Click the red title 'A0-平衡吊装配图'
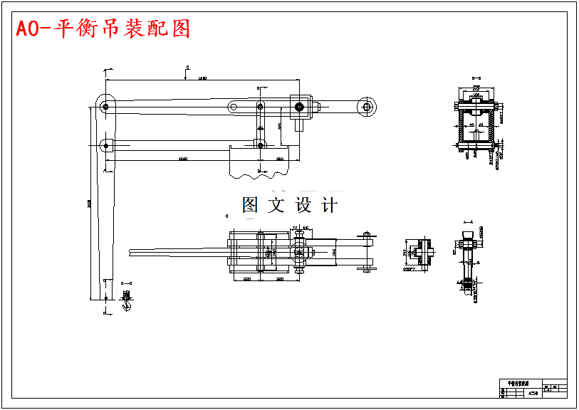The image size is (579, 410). coord(103,29)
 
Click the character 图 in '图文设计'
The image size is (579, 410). coord(250,206)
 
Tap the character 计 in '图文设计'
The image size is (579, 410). coord(330,206)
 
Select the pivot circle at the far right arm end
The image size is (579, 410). coord(367,107)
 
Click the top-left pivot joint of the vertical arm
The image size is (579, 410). coord(105,107)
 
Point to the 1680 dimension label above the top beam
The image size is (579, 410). coord(202,78)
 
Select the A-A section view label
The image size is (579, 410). coord(468,222)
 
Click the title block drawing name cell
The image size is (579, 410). coord(513,383)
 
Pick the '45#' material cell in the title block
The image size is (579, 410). coord(533,393)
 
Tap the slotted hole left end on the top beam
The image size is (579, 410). coord(233,107)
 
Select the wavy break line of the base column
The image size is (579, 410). coord(260,173)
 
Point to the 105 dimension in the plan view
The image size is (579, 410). coord(306,228)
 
